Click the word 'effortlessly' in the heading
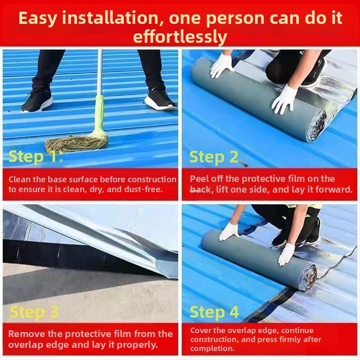pyautogui.click(x=180, y=37)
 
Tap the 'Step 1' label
pyautogui.click(x=33, y=156)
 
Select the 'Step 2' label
pyautogui.click(x=214, y=157)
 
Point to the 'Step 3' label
pyautogui.click(x=34, y=312)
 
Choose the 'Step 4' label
pyautogui.click(x=214, y=312)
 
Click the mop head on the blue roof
pyautogui.click(x=76, y=143)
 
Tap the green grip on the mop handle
pyautogui.click(x=99, y=115)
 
